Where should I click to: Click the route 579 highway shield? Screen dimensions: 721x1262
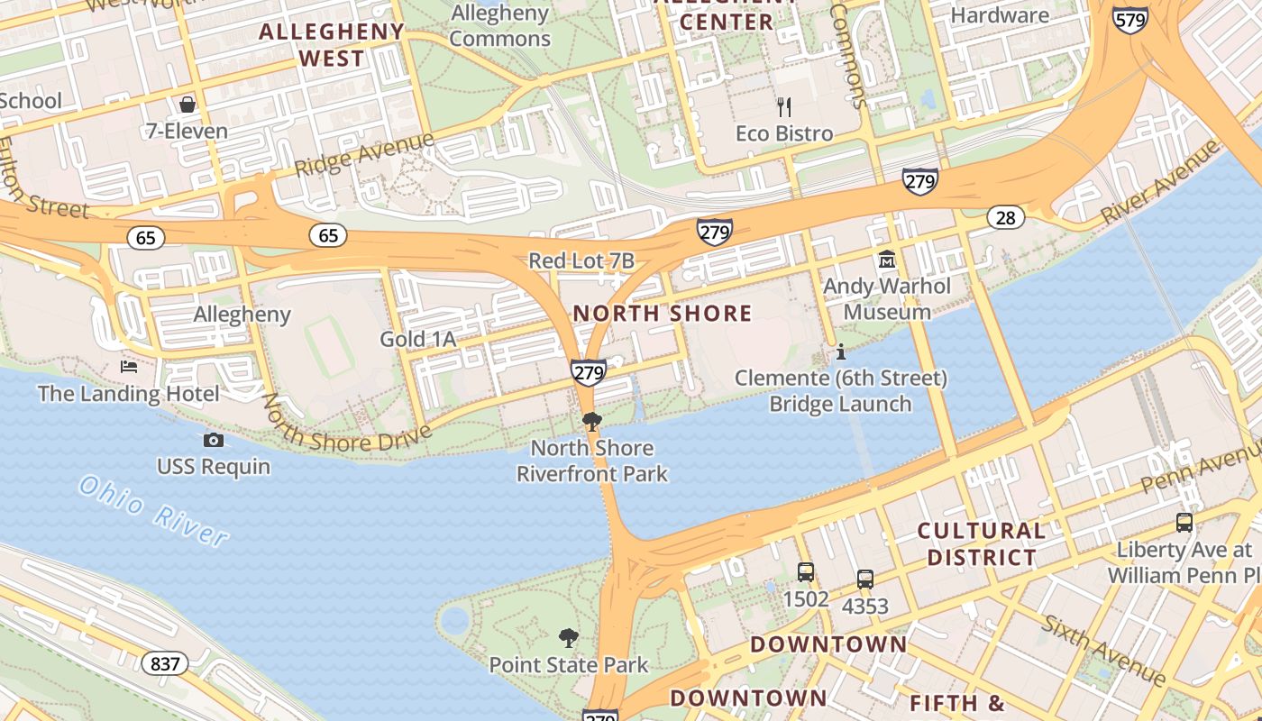point(1129,19)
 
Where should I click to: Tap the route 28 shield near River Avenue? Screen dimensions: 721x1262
point(1005,217)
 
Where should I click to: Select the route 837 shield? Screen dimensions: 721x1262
point(165,664)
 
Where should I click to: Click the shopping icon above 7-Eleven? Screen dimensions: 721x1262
point(187,105)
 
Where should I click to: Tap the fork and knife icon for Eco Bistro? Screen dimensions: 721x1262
point(784,107)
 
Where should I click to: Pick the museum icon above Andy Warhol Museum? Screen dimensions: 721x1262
point(887,260)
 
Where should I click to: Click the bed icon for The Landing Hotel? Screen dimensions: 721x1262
point(129,367)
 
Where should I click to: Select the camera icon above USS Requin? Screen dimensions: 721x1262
point(214,440)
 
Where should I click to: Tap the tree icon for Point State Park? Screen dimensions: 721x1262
point(569,638)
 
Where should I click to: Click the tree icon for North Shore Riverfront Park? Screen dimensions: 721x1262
point(592,421)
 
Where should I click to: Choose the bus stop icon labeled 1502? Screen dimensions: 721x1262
point(806,572)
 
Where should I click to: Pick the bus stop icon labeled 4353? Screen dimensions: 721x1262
point(865,580)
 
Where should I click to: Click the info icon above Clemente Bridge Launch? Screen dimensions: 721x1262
point(841,351)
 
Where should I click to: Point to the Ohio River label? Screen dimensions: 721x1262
point(153,511)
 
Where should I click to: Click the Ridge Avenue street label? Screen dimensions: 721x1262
point(364,155)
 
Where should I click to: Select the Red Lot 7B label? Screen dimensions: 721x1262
point(581,261)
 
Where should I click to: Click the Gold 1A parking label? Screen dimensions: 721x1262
point(417,340)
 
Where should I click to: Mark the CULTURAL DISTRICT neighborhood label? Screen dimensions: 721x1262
point(982,543)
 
